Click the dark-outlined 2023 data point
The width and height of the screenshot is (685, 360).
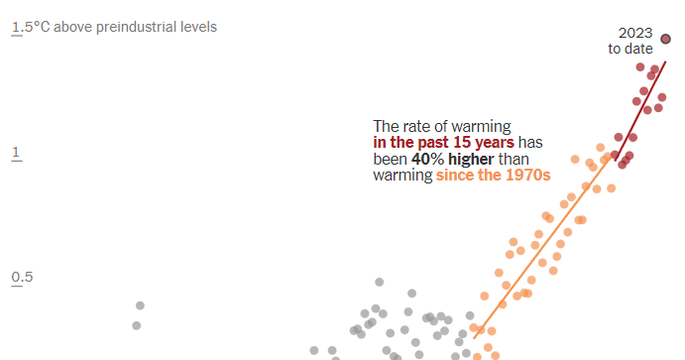tap(665, 40)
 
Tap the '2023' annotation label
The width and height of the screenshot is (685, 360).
tap(634, 32)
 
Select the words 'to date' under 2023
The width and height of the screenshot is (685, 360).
tap(630, 48)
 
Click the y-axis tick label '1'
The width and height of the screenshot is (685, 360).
tap(16, 153)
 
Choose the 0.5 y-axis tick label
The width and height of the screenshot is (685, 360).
tap(23, 277)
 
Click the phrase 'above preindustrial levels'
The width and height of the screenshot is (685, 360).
tap(135, 27)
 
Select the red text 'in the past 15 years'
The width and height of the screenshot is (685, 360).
tap(436, 143)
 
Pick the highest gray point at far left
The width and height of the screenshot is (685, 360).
tap(140, 305)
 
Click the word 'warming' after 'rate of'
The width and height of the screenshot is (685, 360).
tap(483, 127)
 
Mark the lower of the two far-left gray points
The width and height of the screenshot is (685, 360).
tap(136, 325)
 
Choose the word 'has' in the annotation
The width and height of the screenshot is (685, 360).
tap(532, 143)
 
